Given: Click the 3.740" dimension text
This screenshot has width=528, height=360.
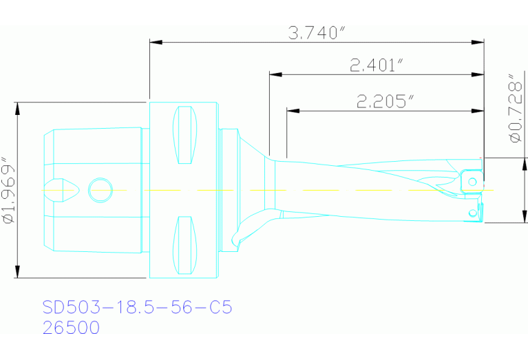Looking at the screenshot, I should click(x=316, y=33).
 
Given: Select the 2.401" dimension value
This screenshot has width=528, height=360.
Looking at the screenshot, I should click(x=376, y=65).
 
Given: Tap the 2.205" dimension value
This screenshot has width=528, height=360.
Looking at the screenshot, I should click(x=385, y=102).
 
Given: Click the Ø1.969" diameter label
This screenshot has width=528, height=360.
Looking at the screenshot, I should click(x=8, y=191).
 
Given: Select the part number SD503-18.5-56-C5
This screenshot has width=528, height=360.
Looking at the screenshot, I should click(x=137, y=307).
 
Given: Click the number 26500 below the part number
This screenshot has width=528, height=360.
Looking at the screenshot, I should click(x=71, y=328).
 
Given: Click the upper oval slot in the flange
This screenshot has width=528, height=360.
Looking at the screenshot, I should click(x=184, y=135).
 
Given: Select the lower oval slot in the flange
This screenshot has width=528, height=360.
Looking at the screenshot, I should click(x=184, y=244).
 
